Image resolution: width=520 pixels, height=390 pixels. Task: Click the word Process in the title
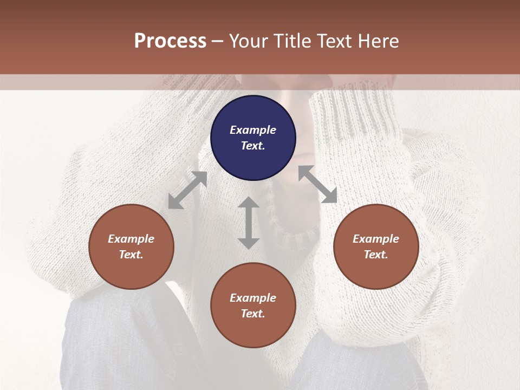point(170,41)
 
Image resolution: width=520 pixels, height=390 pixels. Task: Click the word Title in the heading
point(292,41)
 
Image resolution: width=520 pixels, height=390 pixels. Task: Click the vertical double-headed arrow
point(249,223)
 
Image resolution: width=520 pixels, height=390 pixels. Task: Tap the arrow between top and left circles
point(187,190)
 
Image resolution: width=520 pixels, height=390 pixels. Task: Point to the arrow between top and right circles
point(317,184)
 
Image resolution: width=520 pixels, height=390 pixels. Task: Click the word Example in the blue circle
point(253,130)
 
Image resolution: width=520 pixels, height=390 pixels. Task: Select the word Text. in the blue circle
point(253,146)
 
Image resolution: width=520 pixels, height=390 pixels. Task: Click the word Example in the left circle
point(131,239)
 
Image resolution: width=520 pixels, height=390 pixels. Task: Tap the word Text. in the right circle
point(376,255)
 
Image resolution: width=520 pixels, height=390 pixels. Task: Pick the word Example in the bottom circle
point(253,298)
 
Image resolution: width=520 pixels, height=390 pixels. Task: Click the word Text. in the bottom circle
point(253,314)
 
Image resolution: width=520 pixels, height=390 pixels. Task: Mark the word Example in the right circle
point(376,239)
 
